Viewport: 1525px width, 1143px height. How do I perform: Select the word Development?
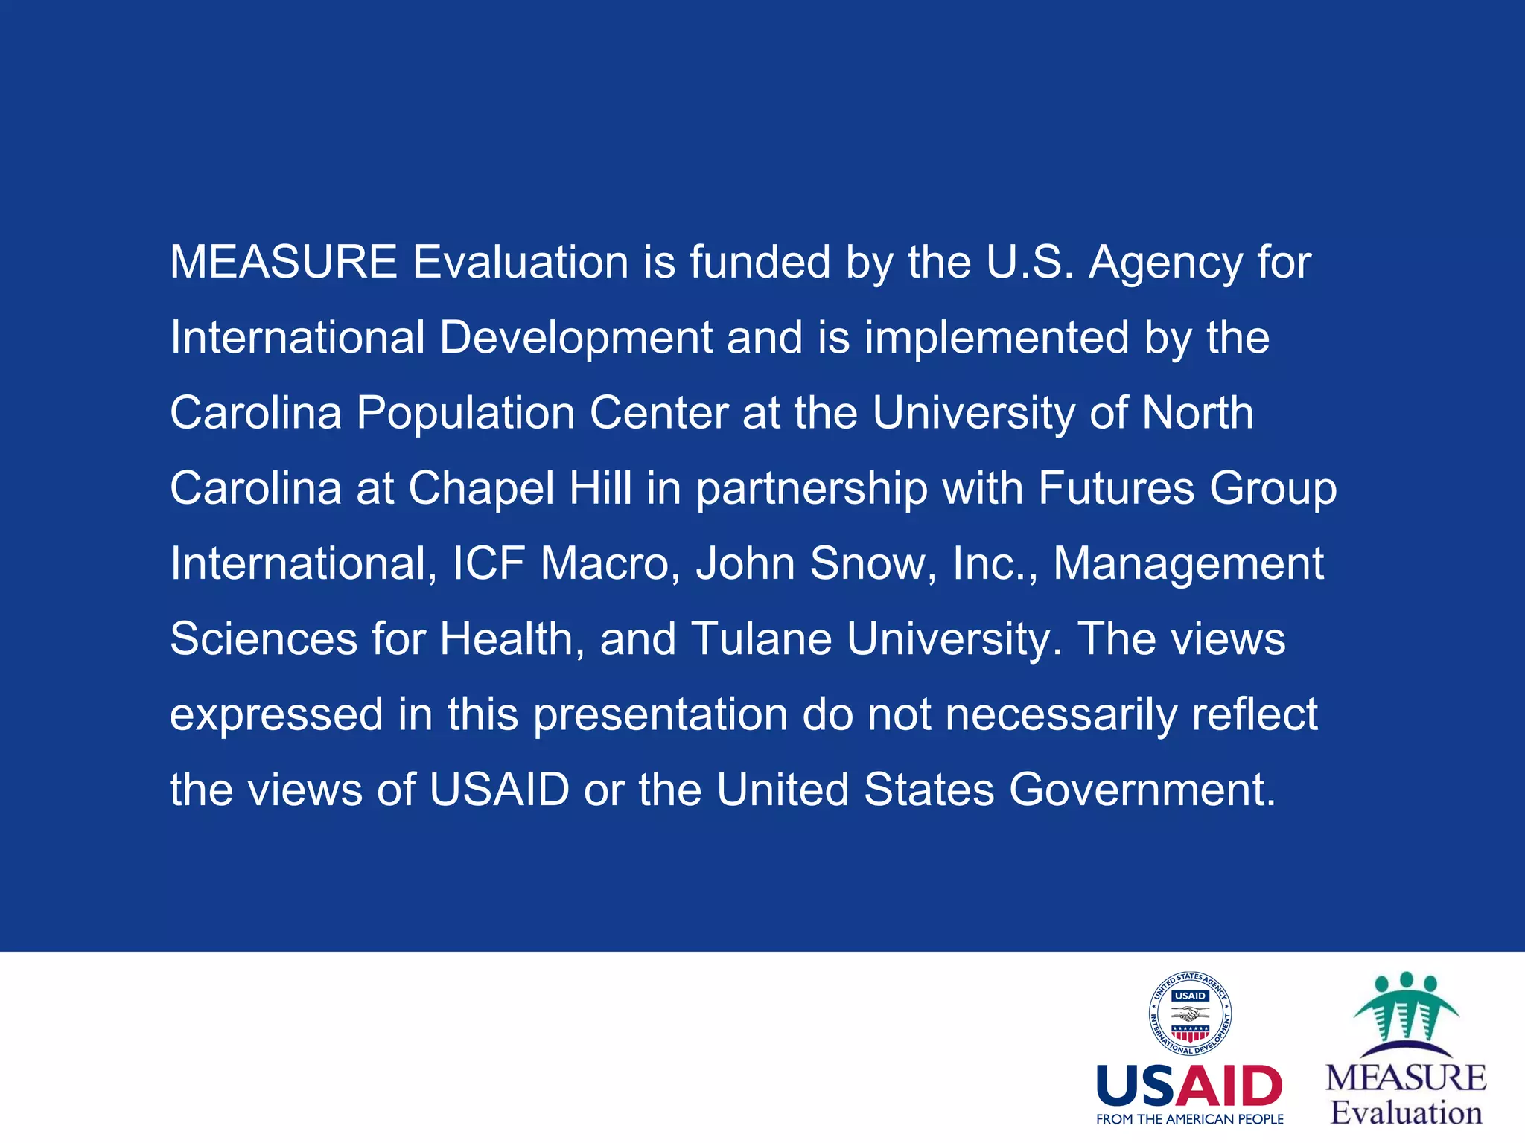coord(576,339)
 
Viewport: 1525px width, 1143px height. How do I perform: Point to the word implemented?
coord(996,339)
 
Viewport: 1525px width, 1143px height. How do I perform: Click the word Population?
coord(465,414)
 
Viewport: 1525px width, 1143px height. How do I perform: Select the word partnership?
coord(812,490)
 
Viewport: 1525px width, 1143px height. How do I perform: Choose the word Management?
coord(1188,565)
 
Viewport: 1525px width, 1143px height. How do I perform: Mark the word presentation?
coord(660,716)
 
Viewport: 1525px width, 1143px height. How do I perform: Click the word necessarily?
coord(1061,716)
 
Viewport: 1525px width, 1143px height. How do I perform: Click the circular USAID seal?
coord(1189,1014)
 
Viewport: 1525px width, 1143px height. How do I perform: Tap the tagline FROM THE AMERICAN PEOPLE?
coord(1189,1119)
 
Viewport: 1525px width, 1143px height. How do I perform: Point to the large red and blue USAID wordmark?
coord(1189,1086)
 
